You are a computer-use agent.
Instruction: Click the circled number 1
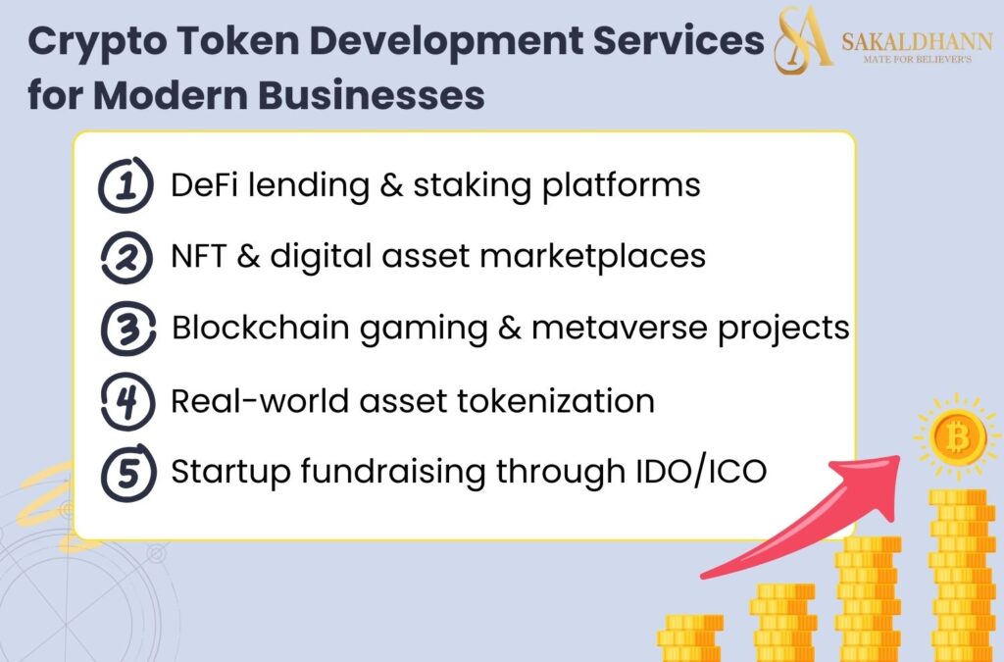coord(126,184)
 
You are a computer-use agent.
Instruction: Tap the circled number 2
coord(126,257)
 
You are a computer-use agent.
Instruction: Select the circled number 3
coord(126,329)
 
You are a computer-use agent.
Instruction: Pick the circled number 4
coord(126,401)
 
